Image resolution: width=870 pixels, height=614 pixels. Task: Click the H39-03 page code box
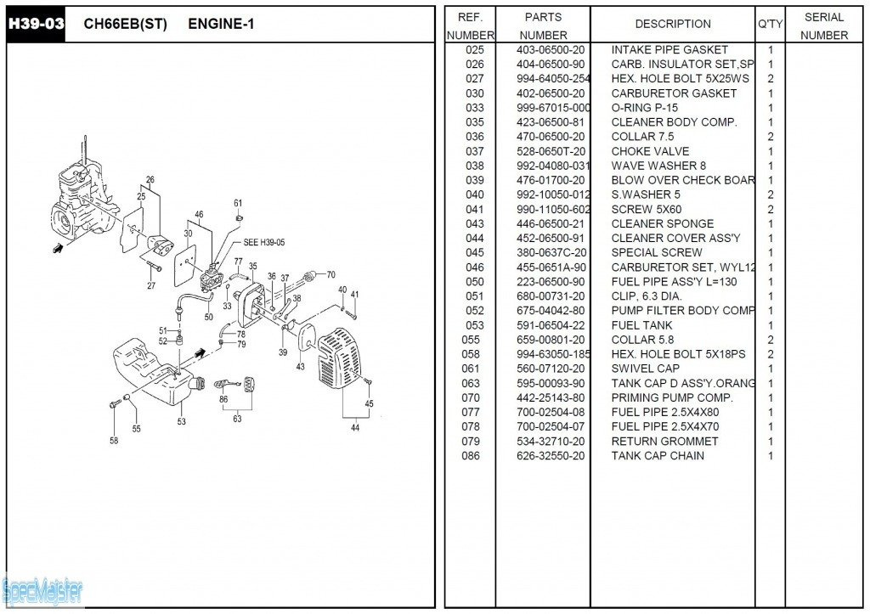click(x=36, y=24)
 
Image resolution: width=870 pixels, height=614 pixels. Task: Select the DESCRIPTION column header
click(x=672, y=24)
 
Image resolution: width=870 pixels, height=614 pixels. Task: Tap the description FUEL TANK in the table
click(x=641, y=325)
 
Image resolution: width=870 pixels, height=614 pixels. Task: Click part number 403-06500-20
click(x=551, y=50)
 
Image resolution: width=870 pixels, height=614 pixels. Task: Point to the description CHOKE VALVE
click(x=650, y=151)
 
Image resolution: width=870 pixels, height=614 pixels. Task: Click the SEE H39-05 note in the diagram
click(x=264, y=243)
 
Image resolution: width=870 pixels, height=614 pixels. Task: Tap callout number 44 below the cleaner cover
click(x=354, y=428)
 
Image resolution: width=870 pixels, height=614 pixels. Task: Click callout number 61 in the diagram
click(x=238, y=203)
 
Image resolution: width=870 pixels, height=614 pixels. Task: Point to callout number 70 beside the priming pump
click(x=330, y=274)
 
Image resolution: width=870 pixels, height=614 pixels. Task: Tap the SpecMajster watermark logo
click(x=42, y=589)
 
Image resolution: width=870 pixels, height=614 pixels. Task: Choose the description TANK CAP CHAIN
click(x=657, y=456)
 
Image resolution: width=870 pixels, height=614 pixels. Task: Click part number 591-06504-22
click(x=551, y=325)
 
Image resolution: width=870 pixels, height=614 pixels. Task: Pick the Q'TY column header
click(x=770, y=24)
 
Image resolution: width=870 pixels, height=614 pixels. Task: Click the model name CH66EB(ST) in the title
click(x=125, y=24)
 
